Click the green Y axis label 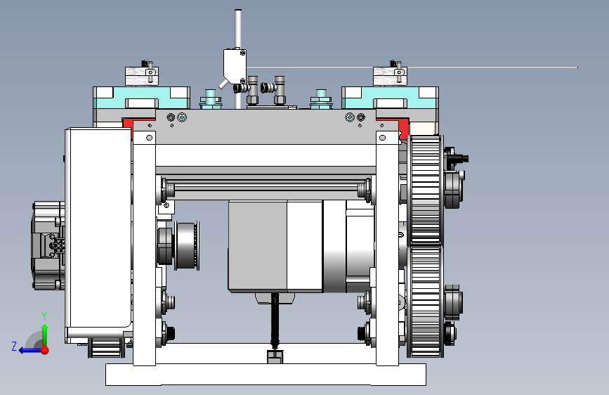click(x=44, y=316)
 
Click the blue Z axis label click(x=14, y=346)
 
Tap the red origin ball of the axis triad click(x=45, y=350)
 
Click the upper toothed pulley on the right click(x=426, y=190)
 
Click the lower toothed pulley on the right click(x=426, y=302)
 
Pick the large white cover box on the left click(x=98, y=229)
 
